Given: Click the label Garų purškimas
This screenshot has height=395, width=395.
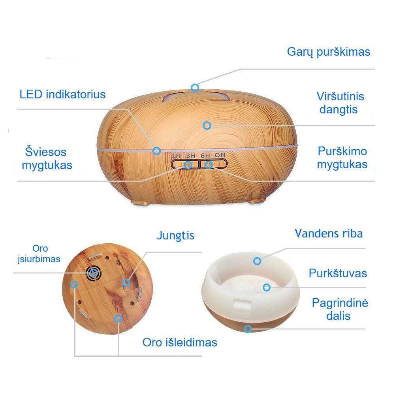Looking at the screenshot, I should (329, 52).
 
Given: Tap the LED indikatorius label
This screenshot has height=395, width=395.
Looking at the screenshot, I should (62, 94).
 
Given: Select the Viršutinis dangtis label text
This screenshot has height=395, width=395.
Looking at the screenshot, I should (340, 103).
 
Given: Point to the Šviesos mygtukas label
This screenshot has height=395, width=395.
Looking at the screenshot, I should (47, 158).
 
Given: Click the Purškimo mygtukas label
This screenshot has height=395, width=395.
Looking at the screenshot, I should (342, 158).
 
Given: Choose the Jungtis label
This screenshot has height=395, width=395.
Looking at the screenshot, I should (175, 235).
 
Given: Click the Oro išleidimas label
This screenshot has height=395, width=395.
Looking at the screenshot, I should (180, 342).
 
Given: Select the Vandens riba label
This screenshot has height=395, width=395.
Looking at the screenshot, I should (329, 233).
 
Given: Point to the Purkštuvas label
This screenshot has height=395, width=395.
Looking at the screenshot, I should (338, 273).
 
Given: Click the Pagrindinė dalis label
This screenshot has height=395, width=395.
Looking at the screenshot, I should (340, 309).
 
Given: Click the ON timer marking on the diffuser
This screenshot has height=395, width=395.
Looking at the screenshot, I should (220, 155).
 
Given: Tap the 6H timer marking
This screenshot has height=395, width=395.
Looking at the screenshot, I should (205, 155).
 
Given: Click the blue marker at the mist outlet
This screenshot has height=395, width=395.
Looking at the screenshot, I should (195, 88).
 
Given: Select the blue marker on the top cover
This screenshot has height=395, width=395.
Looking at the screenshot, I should (207, 126).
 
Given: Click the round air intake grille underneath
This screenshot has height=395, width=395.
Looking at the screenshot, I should (94, 272).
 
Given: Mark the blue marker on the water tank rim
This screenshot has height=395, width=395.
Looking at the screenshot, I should (257, 261).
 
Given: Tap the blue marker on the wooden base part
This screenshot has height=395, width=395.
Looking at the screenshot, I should (248, 329).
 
